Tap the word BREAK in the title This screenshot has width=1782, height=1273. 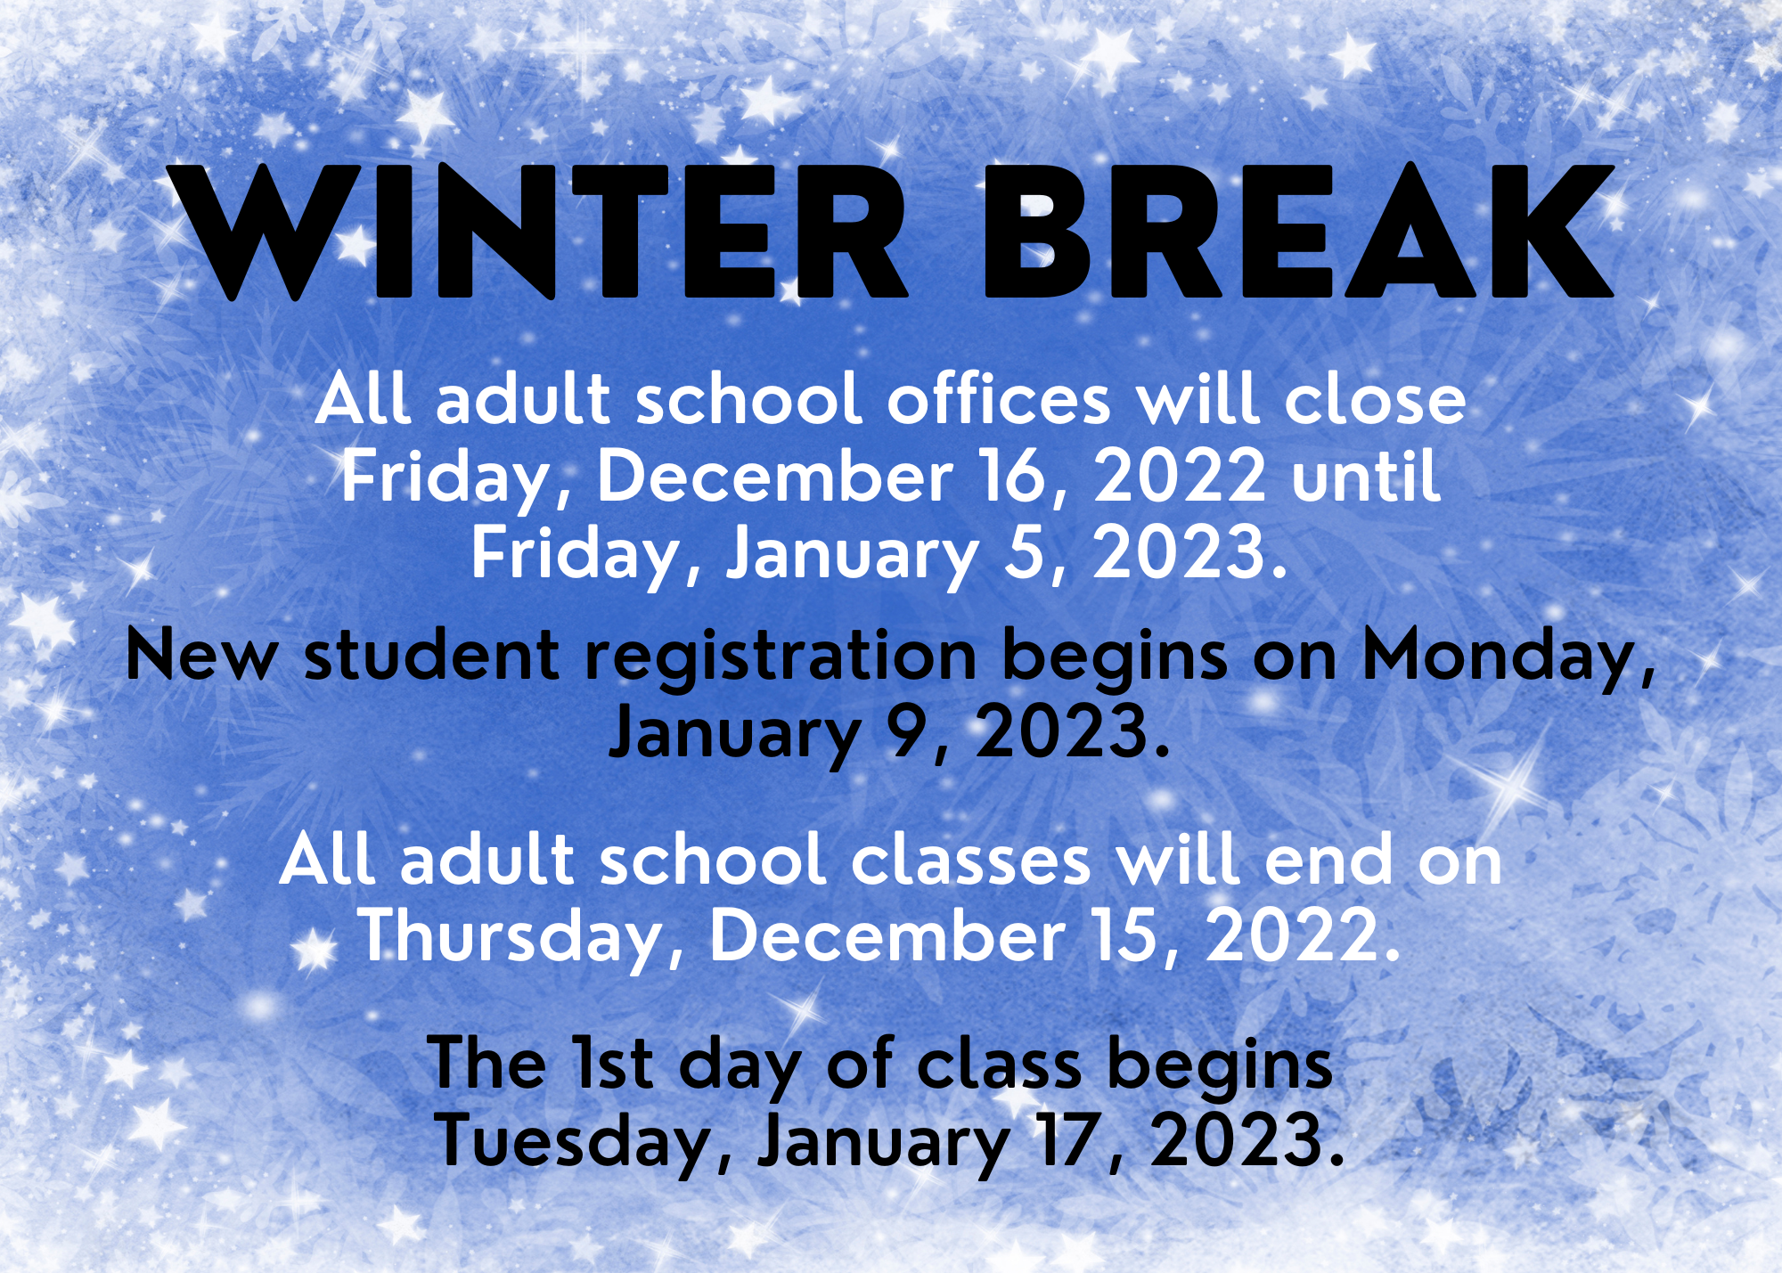tap(1298, 232)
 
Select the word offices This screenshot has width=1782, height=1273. tap(999, 398)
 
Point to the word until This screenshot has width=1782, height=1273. tap(1365, 475)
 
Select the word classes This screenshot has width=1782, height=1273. tap(971, 861)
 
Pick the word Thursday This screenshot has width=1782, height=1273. tap(522, 938)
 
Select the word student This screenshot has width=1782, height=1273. tap(432, 657)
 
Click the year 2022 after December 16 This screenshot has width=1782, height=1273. tap(1179, 476)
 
